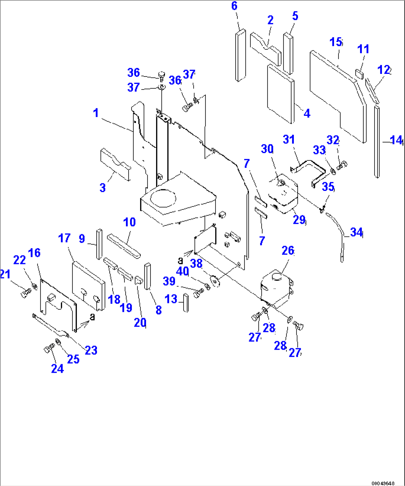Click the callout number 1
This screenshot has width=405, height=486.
click(x=96, y=112)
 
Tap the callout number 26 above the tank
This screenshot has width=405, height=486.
click(x=288, y=251)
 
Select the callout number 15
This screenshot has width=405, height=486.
click(x=336, y=42)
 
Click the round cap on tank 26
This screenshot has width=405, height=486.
click(x=276, y=277)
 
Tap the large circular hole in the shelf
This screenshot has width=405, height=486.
click(x=163, y=198)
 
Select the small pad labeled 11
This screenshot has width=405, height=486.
click(x=359, y=72)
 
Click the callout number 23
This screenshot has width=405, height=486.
click(x=91, y=350)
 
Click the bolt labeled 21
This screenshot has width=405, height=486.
click(x=25, y=293)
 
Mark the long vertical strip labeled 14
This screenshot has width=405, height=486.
click(x=377, y=141)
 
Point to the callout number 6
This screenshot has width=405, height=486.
click(x=234, y=6)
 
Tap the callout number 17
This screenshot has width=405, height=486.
click(x=64, y=238)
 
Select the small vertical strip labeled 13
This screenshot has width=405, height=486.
click(x=185, y=303)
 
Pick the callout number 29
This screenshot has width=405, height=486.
click(x=299, y=220)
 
